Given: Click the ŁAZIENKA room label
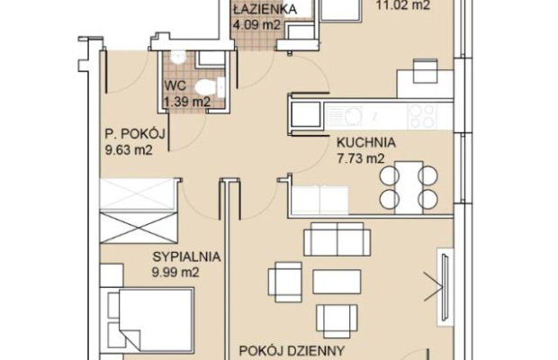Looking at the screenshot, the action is pyautogui.click(x=265, y=9).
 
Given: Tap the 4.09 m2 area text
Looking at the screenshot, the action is pyautogui.click(x=256, y=25).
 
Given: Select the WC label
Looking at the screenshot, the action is pyautogui.click(x=175, y=85).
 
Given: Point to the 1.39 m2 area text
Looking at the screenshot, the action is pyautogui.click(x=187, y=102).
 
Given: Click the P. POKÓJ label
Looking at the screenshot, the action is pyautogui.click(x=135, y=134).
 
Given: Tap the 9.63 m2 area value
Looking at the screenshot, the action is pyautogui.click(x=129, y=149).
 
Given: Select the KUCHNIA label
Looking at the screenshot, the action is pyautogui.click(x=366, y=142).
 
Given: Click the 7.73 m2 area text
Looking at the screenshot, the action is pyautogui.click(x=361, y=158).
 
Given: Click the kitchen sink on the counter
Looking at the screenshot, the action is pyautogui.click(x=345, y=115).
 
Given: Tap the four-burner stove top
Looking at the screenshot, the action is pyautogui.click(x=422, y=116).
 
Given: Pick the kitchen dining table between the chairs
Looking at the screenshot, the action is pyautogui.click(x=409, y=187).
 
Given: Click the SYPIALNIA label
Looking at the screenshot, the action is pyautogui.click(x=186, y=256).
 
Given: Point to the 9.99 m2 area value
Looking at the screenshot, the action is pyautogui.click(x=175, y=273).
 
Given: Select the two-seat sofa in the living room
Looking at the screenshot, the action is pyautogui.click(x=337, y=239).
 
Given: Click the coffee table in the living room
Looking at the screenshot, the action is pyautogui.click(x=337, y=282).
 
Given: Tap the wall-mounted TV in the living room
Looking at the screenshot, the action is pyautogui.click(x=445, y=287).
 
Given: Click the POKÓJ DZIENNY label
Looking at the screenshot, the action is pyautogui.click(x=292, y=351).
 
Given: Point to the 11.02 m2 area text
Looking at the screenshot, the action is pyautogui.click(x=403, y=5).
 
